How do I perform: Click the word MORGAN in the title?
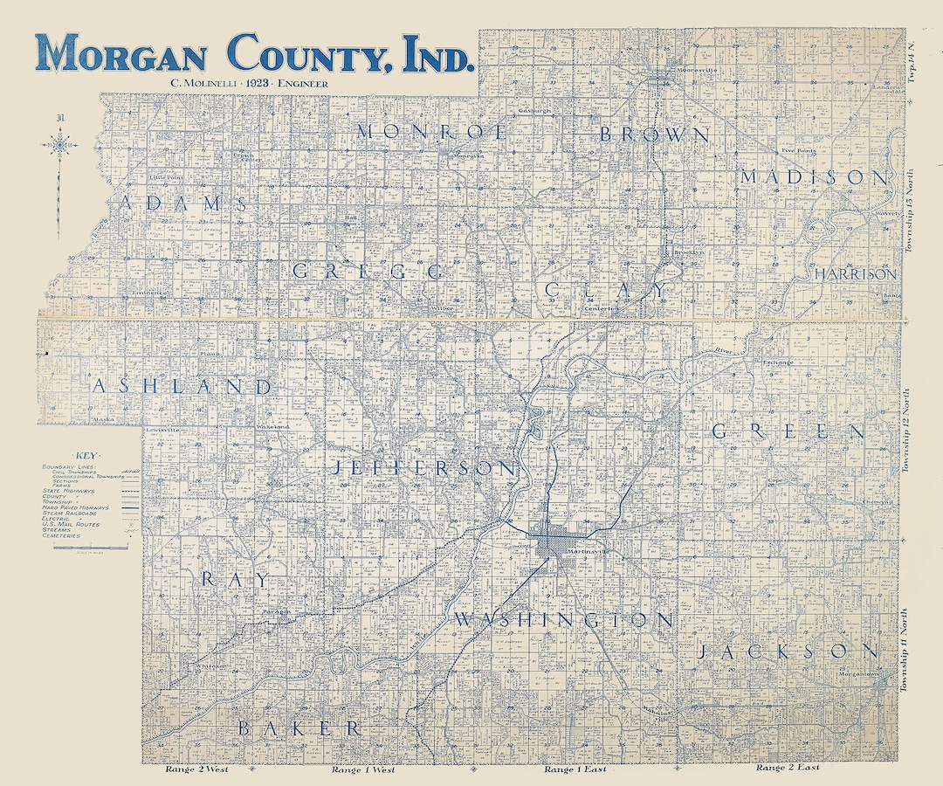121,54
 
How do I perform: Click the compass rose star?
59,143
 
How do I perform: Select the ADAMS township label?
184,203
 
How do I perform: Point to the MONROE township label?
431,133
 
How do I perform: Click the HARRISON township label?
855,274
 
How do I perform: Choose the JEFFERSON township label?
424,468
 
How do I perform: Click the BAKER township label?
299,727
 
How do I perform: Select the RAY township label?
236,579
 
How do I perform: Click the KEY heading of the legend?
87,456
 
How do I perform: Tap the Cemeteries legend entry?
61,535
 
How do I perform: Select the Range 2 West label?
196,770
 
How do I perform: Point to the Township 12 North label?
907,431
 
